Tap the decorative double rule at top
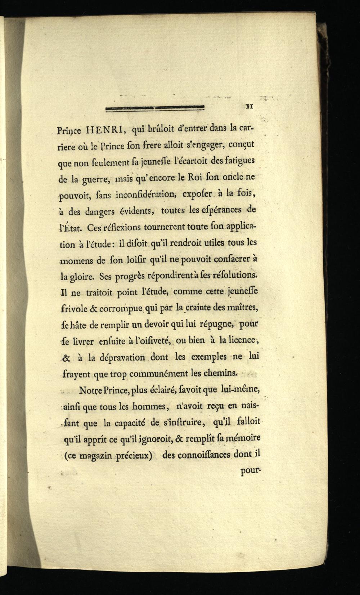tap(155, 107)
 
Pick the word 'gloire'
tap(83, 278)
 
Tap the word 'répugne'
tap(215, 325)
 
